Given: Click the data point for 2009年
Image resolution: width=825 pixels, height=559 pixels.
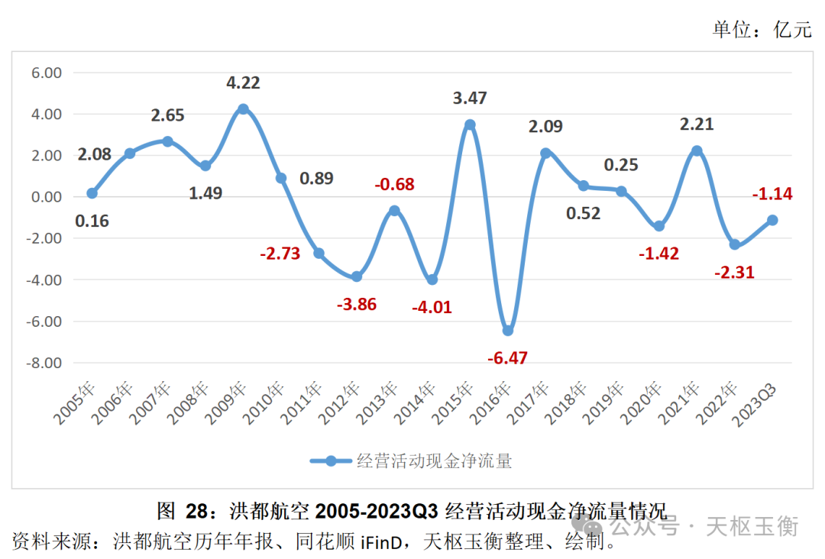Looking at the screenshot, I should point(243,109).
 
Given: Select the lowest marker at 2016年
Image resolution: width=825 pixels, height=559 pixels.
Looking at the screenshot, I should point(508,331).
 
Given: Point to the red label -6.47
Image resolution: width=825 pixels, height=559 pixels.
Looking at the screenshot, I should point(509,357).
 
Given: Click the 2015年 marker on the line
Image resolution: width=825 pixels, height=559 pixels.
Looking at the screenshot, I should point(470,124).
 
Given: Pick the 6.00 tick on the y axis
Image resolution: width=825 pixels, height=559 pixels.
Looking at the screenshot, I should point(45,73).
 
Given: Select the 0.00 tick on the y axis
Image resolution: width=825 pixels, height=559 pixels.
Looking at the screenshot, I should point(45,197).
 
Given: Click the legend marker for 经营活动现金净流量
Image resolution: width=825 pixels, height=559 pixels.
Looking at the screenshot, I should point(331,460).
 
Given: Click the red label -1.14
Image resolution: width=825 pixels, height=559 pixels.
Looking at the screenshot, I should point(772,194).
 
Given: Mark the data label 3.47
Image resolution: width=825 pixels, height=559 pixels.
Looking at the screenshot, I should point(470,98).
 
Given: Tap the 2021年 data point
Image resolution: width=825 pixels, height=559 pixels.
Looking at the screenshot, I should point(697,151).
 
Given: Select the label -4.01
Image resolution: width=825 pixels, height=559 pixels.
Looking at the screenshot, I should point(432,308).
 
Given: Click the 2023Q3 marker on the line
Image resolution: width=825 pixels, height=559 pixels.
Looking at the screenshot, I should point(772,220).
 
